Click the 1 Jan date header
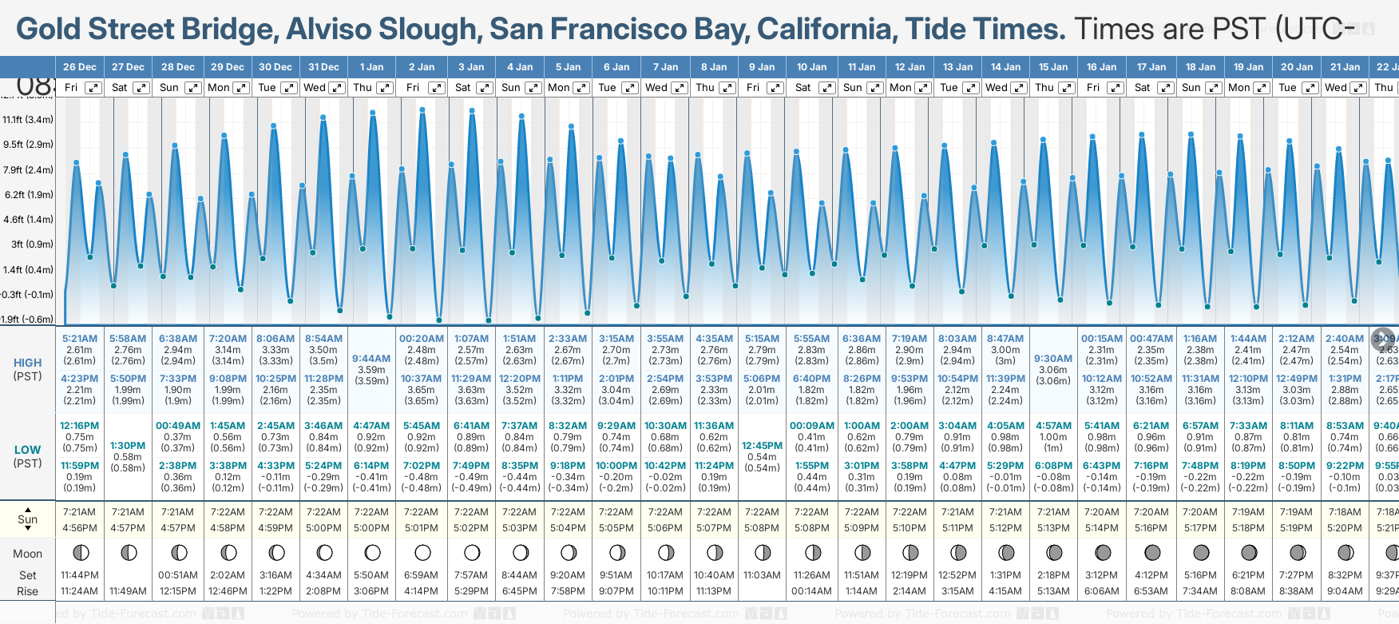(371, 67)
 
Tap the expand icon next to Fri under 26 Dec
(93, 88)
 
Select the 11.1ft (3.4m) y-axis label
(28, 120)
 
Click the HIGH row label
(28, 363)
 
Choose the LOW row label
(28, 450)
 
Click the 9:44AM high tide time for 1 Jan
(371, 359)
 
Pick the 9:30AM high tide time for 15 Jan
(1053, 359)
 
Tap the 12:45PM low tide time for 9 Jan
(762, 446)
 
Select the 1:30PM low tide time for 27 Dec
(128, 446)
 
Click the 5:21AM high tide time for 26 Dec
(80, 339)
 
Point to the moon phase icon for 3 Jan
(472, 552)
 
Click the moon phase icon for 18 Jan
(1200, 552)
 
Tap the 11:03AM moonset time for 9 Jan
(762, 575)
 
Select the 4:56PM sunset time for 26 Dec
(80, 528)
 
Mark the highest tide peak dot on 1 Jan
(373, 113)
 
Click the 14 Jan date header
(1005, 67)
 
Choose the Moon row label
(28, 554)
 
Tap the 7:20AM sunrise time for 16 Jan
(1101, 512)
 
